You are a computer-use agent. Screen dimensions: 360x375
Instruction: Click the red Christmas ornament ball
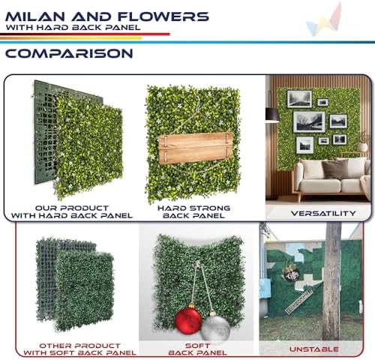tap(187, 320)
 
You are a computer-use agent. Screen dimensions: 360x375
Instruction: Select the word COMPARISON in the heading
tap(69, 53)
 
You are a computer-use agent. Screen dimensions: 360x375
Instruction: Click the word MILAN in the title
tap(36, 16)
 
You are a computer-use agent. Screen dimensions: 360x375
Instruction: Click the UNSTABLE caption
tap(313, 349)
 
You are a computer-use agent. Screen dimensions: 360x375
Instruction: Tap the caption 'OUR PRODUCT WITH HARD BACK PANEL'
tap(73, 211)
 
